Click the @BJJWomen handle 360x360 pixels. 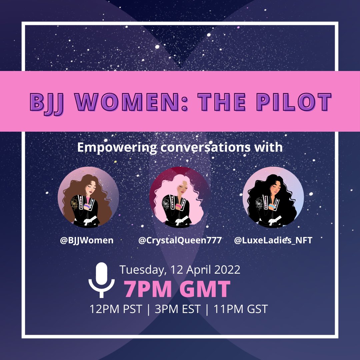pos(87,240)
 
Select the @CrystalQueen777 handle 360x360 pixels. pos(180,240)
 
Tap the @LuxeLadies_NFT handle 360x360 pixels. pos(273,240)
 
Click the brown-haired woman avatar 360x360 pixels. pos(88,197)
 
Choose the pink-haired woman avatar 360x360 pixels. pos(180,197)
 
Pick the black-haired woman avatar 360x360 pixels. pos(273,197)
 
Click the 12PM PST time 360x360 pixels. pos(116,309)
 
